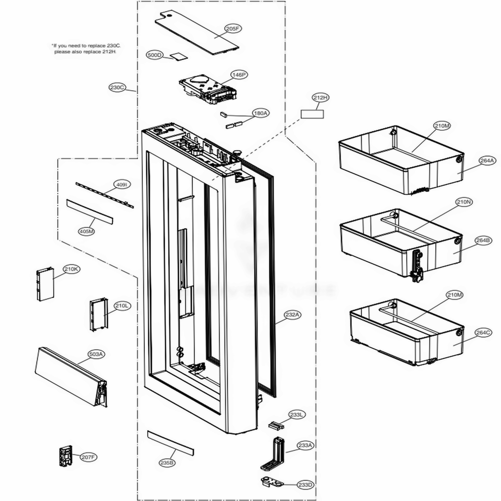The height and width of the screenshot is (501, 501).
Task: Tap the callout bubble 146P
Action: [239, 75]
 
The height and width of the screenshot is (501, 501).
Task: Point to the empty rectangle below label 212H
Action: [312, 114]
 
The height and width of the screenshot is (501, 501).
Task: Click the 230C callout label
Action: [117, 87]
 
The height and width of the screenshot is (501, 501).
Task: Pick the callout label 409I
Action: [122, 185]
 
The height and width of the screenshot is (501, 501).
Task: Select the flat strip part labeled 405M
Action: [89, 212]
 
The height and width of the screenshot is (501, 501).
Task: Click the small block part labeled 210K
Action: [45, 284]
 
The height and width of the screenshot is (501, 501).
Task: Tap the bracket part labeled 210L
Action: [98, 314]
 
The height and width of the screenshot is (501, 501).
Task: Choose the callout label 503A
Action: [96, 354]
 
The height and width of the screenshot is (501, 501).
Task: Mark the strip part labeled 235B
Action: [170, 442]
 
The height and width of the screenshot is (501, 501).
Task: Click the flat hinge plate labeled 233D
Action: [273, 482]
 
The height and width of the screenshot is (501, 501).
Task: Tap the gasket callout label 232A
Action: [293, 315]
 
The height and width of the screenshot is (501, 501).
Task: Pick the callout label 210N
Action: [464, 202]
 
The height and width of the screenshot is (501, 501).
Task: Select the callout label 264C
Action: [483, 333]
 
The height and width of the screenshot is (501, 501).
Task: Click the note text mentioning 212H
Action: [86, 49]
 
